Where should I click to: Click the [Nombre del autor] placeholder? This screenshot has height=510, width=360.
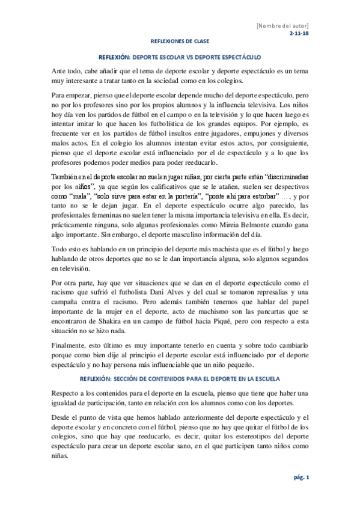click(x=282, y=26)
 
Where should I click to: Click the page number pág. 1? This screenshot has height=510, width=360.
click(x=299, y=478)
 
